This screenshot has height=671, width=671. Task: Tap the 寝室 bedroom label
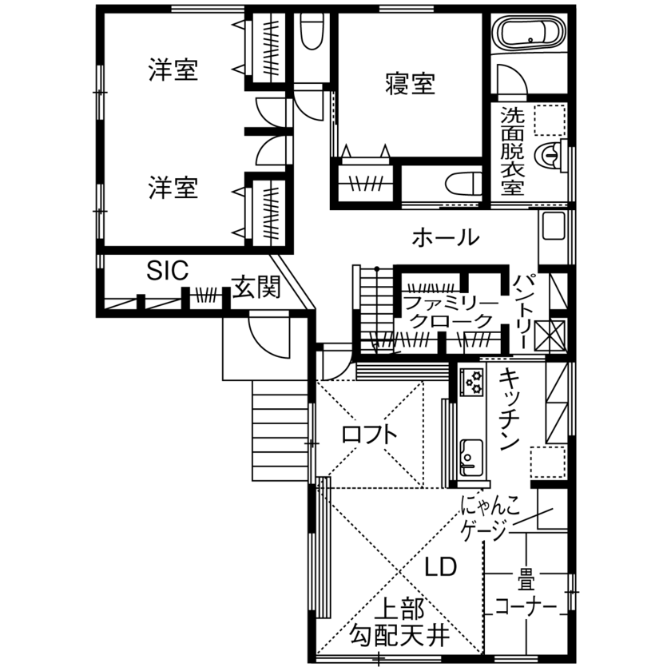coord(410,83)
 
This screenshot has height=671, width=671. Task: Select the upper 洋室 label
coord(173,70)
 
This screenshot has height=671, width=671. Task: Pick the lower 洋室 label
coord(173,189)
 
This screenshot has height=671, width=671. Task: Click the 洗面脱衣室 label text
coord(512,151)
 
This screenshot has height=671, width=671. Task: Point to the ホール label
coord(446,237)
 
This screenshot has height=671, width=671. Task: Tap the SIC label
coord(167,271)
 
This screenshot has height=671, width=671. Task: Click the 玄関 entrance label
coord(256,287)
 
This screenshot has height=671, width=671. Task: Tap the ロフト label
coord(368,435)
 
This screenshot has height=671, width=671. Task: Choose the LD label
coord(440,567)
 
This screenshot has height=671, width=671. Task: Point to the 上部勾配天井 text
coord(399,623)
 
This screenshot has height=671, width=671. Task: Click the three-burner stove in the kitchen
coord(471,380)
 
